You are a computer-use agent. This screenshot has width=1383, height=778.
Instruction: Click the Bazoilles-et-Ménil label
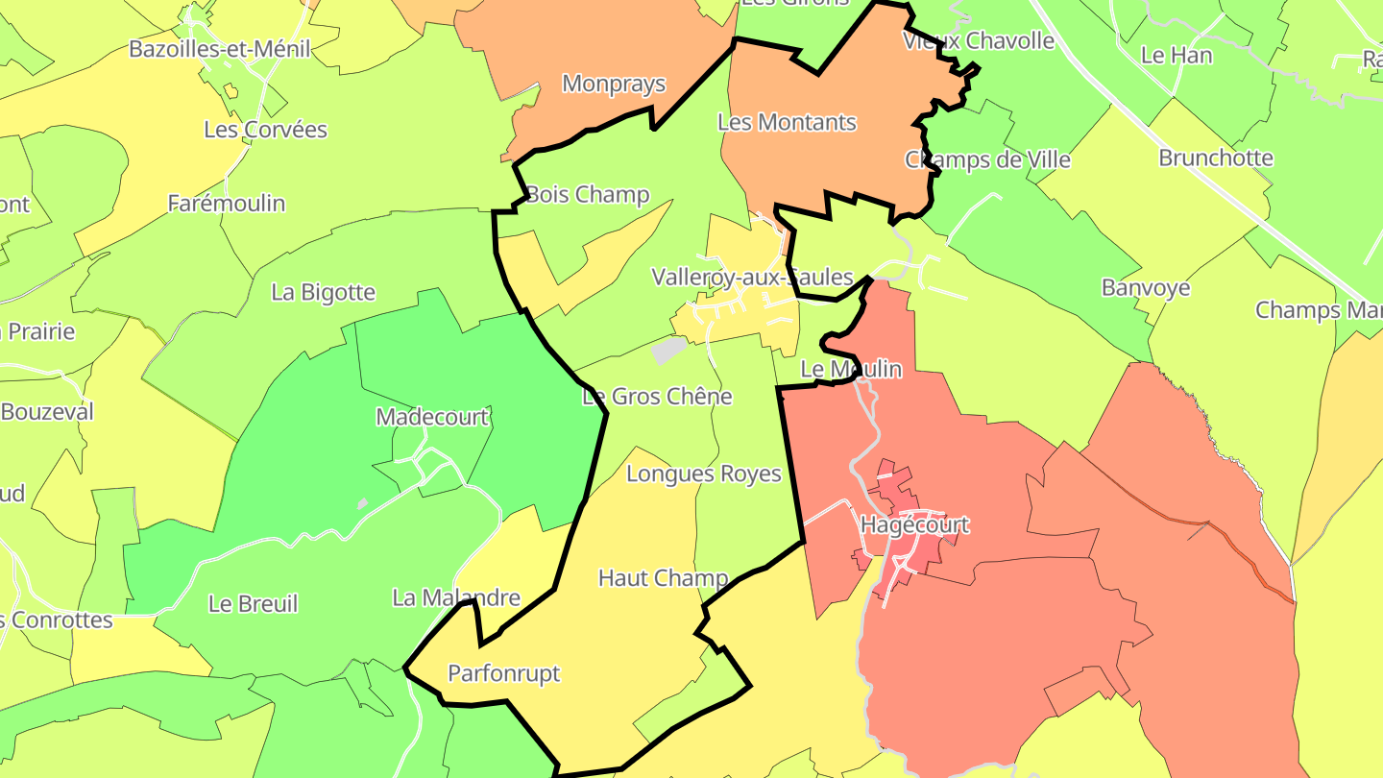click(x=220, y=49)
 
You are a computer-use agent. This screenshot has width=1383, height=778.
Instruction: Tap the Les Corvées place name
click(x=265, y=130)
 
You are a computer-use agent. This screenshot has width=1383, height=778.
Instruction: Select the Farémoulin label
click(x=227, y=204)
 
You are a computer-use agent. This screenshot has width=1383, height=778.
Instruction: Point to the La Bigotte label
click(x=323, y=292)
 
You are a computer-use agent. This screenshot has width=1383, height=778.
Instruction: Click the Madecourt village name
click(x=432, y=417)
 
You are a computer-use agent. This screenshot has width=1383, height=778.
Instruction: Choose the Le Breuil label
click(x=253, y=604)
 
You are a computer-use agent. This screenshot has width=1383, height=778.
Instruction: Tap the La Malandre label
click(x=456, y=597)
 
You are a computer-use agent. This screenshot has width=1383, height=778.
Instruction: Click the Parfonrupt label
click(x=503, y=673)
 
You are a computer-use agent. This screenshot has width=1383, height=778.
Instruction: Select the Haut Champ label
click(x=663, y=578)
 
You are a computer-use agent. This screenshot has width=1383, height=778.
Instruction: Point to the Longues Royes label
click(x=703, y=474)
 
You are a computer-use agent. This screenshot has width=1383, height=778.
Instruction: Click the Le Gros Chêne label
click(x=657, y=396)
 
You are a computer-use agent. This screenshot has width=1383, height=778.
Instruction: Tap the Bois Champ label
click(x=587, y=195)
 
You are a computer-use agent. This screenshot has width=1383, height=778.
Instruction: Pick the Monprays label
click(x=614, y=84)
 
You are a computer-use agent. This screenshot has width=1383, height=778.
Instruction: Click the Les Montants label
click(x=787, y=122)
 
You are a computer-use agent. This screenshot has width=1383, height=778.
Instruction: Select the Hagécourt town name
click(x=914, y=525)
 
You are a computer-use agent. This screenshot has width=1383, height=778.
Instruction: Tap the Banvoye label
click(x=1146, y=287)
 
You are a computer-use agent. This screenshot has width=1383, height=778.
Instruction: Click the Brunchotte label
click(x=1216, y=158)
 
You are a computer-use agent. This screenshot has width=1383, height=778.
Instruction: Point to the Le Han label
click(x=1177, y=55)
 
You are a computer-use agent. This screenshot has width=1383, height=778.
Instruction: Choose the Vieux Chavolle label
click(x=979, y=40)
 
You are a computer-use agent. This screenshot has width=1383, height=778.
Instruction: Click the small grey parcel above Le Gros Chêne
click(x=669, y=350)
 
